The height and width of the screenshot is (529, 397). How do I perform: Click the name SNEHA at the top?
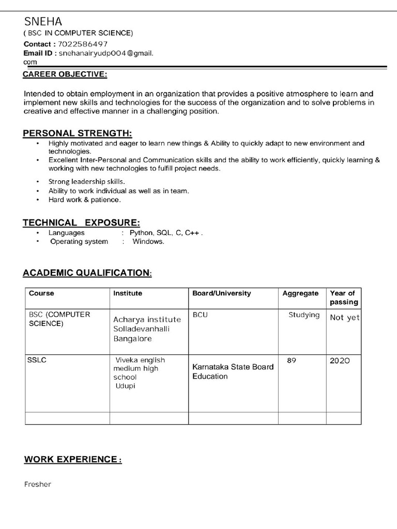pos(43,22)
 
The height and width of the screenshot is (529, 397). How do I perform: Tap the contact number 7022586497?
pos(83,44)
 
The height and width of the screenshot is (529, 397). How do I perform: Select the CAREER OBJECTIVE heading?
pos(65,75)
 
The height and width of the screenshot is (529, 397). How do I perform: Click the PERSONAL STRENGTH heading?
pos(77,134)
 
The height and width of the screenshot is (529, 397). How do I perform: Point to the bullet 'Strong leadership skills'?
pos(87,182)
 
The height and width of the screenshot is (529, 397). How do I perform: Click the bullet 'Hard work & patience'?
pos(84,199)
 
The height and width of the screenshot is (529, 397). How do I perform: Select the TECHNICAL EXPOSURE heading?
pos(81,223)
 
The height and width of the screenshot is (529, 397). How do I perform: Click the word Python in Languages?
pos(142,233)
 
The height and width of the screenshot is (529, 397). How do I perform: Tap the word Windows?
pos(148,242)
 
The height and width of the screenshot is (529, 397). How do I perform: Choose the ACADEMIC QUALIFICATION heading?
pos(87,273)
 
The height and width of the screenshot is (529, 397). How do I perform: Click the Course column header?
pos(41,293)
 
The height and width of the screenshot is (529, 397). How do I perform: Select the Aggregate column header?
pos(300,293)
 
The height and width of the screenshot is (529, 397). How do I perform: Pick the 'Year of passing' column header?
pos(344,298)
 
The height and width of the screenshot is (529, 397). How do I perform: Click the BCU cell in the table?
pos(200,315)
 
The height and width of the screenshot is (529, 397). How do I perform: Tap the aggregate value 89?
pos(291,360)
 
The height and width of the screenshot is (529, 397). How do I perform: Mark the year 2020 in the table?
pos(340,361)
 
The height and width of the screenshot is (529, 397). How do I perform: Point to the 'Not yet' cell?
pos(344,318)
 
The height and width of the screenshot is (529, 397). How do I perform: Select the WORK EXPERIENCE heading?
pos(72,460)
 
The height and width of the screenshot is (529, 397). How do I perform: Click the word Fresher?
pos(38,485)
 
